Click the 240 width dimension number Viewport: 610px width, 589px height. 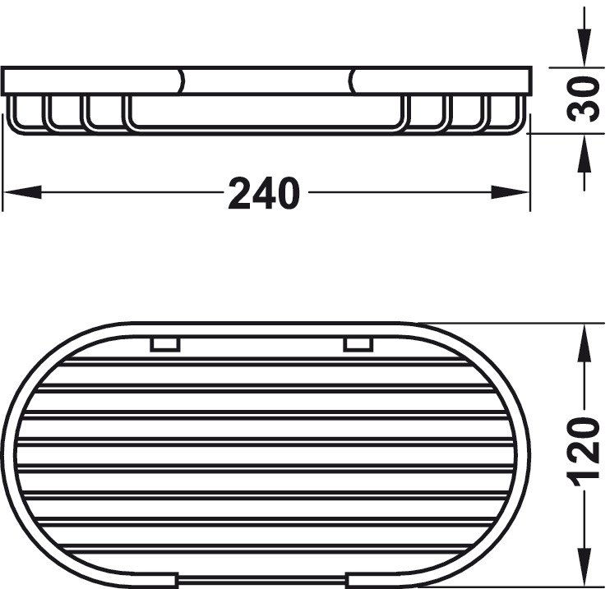(264, 193)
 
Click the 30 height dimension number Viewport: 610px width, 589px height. (583, 99)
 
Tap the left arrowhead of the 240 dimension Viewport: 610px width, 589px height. (22, 192)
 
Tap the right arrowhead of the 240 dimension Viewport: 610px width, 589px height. (510, 192)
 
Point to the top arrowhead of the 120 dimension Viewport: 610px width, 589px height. (584, 344)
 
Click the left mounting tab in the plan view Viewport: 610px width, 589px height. (165, 344)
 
